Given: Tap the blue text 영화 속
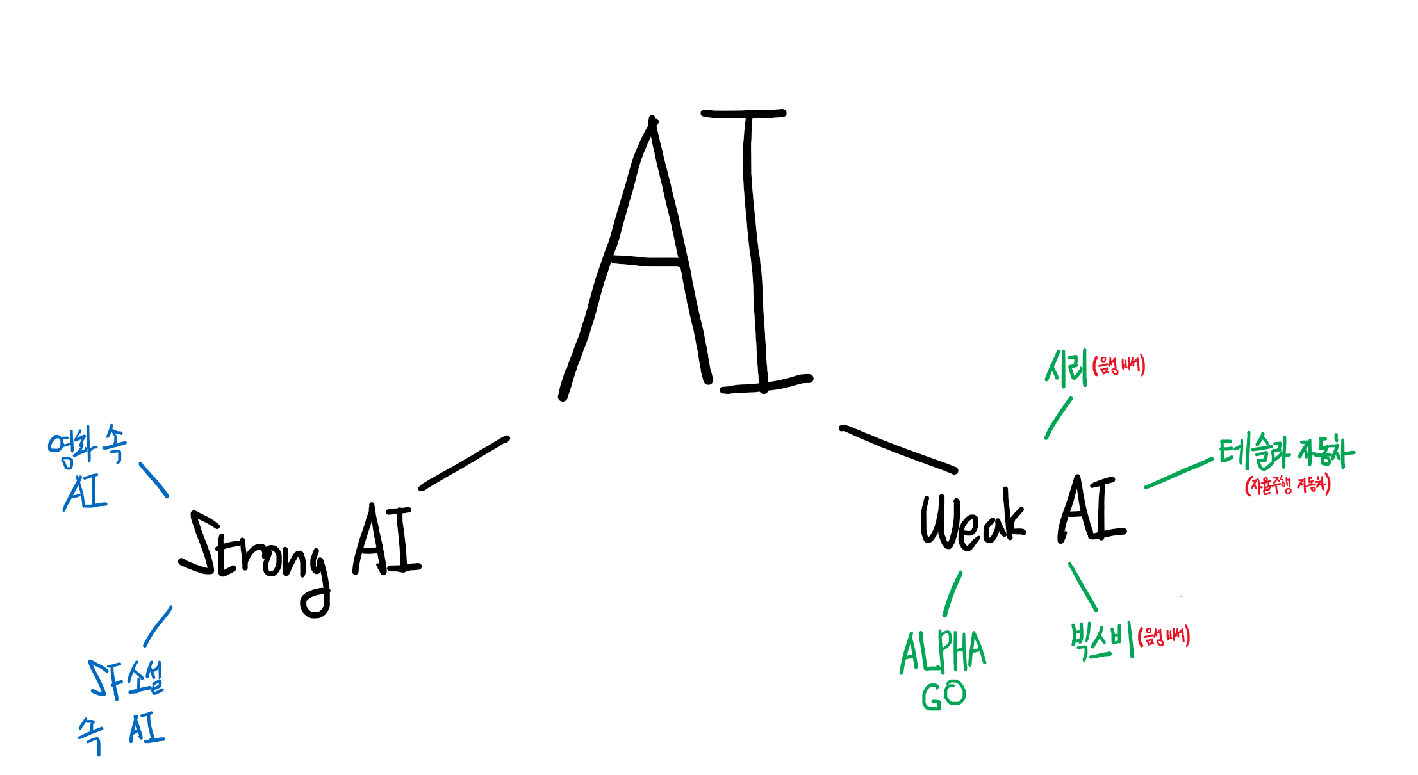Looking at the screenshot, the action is point(87,445).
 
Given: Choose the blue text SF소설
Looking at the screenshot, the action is point(127,679).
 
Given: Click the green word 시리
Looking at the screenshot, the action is point(1066,368).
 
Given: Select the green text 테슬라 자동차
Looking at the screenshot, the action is point(1287,452).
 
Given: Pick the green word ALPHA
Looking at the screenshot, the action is point(943,651).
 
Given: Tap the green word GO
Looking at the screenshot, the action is point(943,696).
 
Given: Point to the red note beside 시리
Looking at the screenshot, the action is point(1119,366).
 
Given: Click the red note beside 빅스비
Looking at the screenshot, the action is point(1164,637).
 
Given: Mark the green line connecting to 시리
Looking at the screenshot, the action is point(1059,418).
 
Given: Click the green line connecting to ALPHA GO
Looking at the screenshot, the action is point(952,594).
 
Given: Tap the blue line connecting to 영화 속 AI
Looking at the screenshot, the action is point(154,480).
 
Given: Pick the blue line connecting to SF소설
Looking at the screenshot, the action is point(158,626).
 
